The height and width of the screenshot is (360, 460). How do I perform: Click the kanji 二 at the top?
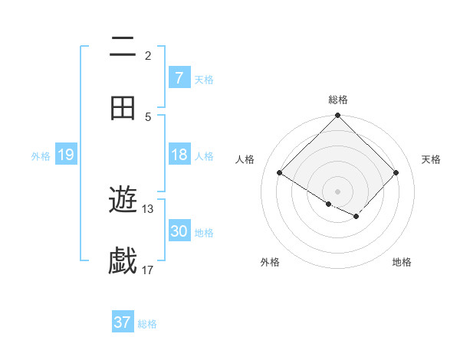point(123,47)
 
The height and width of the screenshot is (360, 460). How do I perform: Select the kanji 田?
point(123,108)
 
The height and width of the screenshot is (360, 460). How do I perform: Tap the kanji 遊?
point(123,201)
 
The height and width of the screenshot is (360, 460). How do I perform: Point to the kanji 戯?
point(123,261)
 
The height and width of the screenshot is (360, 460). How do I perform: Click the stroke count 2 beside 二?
point(148,55)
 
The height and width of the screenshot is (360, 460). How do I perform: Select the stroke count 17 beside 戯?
point(148,270)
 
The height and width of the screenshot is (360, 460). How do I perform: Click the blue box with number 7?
point(179,78)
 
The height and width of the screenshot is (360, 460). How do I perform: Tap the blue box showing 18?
point(179,155)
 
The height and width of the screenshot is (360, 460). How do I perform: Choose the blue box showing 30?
point(179,231)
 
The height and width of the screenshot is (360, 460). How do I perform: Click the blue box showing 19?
point(66,155)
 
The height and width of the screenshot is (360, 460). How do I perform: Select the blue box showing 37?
point(123,322)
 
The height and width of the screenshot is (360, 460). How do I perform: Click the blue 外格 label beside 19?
point(41,156)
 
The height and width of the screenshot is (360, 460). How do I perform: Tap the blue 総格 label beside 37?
point(147,324)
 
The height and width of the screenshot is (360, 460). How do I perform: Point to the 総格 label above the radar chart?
point(338,100)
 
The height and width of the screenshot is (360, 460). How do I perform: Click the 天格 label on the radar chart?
point(432,159)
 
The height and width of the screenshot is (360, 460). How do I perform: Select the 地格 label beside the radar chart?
point(402,262)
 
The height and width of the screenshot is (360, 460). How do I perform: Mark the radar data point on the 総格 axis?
point(338,116)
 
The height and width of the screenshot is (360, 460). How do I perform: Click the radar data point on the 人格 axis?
point(280,173)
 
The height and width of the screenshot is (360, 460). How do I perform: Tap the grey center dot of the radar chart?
point(338,191)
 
